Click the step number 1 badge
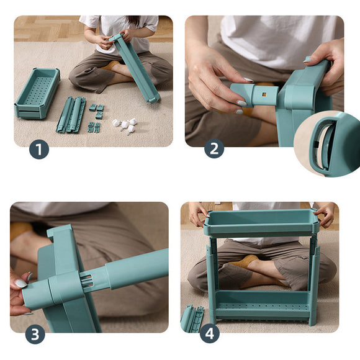click(39, 149)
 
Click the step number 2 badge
click(214, 148)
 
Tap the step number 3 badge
click(35, 335)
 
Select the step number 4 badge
click(210, 333)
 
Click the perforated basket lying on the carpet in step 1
click(37, 93)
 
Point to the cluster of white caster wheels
click(125, 125)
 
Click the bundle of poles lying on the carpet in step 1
click(71, 115)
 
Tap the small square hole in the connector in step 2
click(264, 94)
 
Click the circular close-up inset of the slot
click(327, 144)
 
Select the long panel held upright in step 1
click(135, 68)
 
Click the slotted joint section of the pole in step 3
click(89, 281)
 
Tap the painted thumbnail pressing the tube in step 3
click(21, 284)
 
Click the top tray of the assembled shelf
click(261, 223)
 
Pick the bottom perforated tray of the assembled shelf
click(262, 305)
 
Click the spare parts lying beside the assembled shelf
click(192, 318)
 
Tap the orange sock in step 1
click(110, 65)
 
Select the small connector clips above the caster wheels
click(97, 111)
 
